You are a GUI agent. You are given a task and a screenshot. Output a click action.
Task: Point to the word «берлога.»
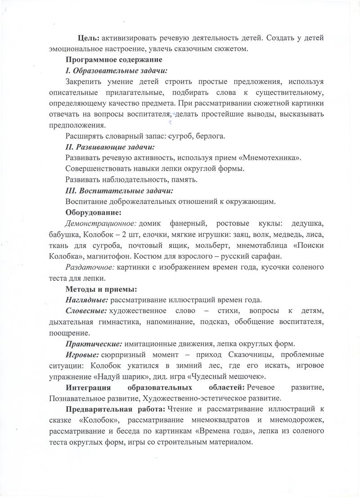(212, 136)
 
